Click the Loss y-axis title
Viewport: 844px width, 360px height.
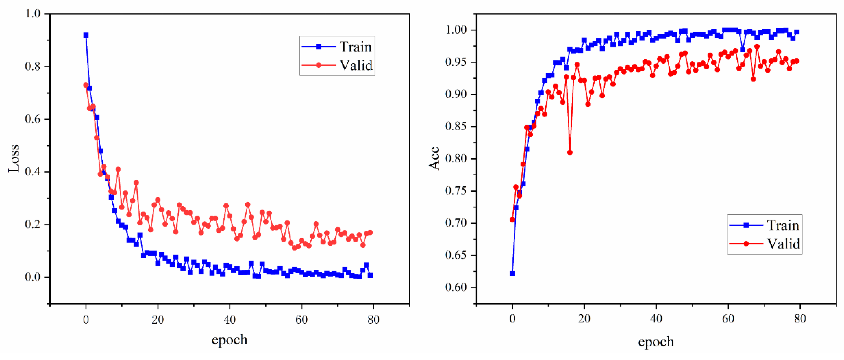point(14,159)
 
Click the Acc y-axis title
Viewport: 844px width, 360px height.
point(434,159)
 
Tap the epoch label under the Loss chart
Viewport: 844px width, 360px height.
point(229,340)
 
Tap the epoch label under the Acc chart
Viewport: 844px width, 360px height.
point(656,342)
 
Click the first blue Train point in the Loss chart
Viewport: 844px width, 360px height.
point(86,35)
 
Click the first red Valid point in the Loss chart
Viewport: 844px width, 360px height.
point(86,85)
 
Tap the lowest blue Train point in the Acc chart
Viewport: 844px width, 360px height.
point(512,273)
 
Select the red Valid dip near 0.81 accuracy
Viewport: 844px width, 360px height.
point(570,153)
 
